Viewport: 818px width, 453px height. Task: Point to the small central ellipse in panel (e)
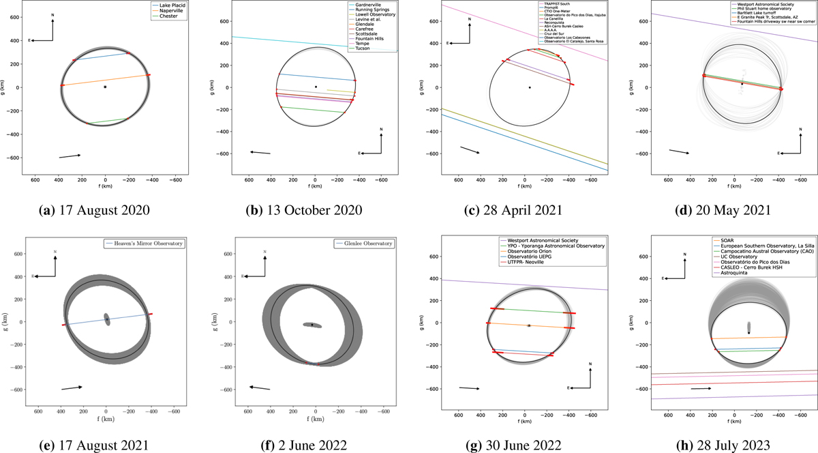point(107,319)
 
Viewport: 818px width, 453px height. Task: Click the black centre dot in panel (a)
point(105,87)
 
